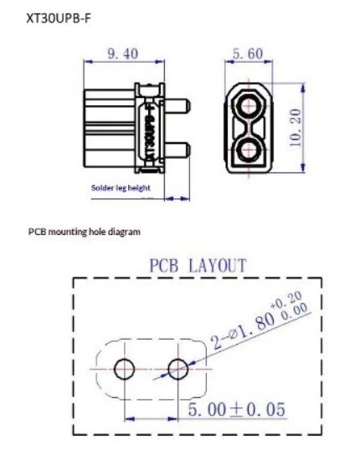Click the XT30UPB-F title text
click(59, 18)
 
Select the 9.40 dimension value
click(123, 54)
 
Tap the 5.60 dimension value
click(248, 54)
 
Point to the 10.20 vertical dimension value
click(295, 127)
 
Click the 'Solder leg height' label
click(121, 187)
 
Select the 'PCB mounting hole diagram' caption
click(85, 232)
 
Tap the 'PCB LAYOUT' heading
click(198, 265)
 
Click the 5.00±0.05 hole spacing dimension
click(236, 409)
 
